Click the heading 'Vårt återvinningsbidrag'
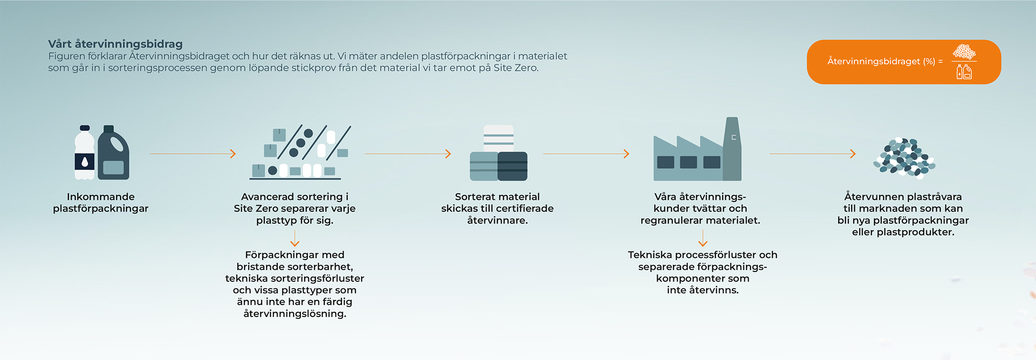(x=116, y=44)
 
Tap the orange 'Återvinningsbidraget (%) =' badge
(x=904, y=62)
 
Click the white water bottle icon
(x=85, y=153)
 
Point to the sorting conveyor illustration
(x=300, y=152)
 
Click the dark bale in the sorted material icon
(x=512, y=166)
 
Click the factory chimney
(x=732, y=149)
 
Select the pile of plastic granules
(x=904, y=158)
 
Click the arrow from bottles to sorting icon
(x=193, y=154)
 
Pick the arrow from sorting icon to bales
(x=408, y=154)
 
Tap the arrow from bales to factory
(x=586, y=154)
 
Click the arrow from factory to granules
(x=813, y=154)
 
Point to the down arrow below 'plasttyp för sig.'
(x=295, y=238)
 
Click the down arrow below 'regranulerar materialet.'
(x=703, y=238)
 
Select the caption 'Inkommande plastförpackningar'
(x=100, y=203)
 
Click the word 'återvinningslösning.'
(x=295, y=314)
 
